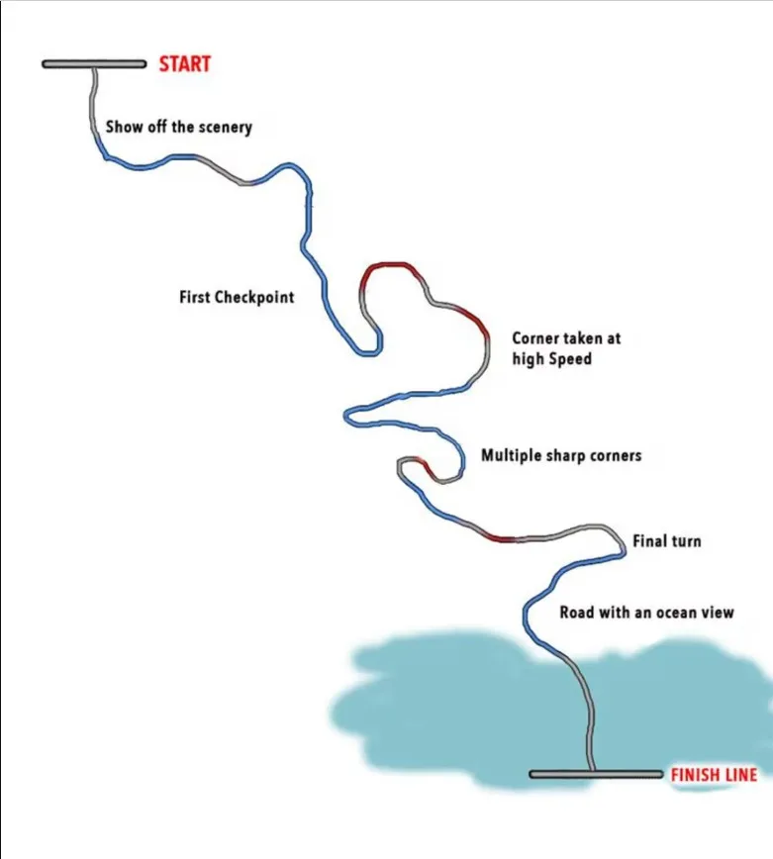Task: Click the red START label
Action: click(185, 64)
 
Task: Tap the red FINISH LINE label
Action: click(714, 775)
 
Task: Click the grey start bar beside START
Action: click(95, 64)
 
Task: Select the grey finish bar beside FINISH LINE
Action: click(595, 774)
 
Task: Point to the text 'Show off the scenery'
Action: click(178, 127)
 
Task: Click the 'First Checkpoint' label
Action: click(237, 296)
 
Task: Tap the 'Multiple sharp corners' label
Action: click(561, 455)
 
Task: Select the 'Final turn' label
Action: click(666, 541)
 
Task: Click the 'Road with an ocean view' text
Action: click(646, 613)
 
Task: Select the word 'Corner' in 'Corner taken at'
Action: click(535, 337)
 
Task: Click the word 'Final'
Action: click(650, 541)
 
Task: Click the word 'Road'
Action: click(577, 613)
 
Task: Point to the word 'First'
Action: click(195, 296)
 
